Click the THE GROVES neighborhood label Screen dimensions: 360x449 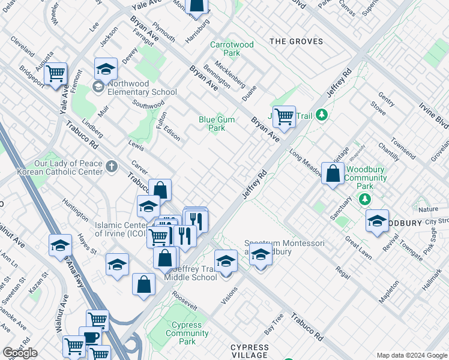point(296,41)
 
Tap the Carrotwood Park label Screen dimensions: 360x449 point(232,49)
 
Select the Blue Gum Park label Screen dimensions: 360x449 point(217,124)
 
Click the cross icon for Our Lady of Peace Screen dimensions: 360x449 point(111,167)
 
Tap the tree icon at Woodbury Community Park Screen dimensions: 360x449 point(364,199)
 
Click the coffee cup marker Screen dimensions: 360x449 point(90,337)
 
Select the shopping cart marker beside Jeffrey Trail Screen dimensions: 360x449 point(283,116)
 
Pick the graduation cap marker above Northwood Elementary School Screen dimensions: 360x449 point(106,69)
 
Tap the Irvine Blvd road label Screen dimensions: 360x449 point(433,115)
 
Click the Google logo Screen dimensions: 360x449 point(20,353)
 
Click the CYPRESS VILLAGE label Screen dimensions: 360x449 point(250,351)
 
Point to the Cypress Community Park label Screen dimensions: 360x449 point(187,334)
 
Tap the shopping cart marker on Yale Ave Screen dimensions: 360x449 point(55,74)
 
